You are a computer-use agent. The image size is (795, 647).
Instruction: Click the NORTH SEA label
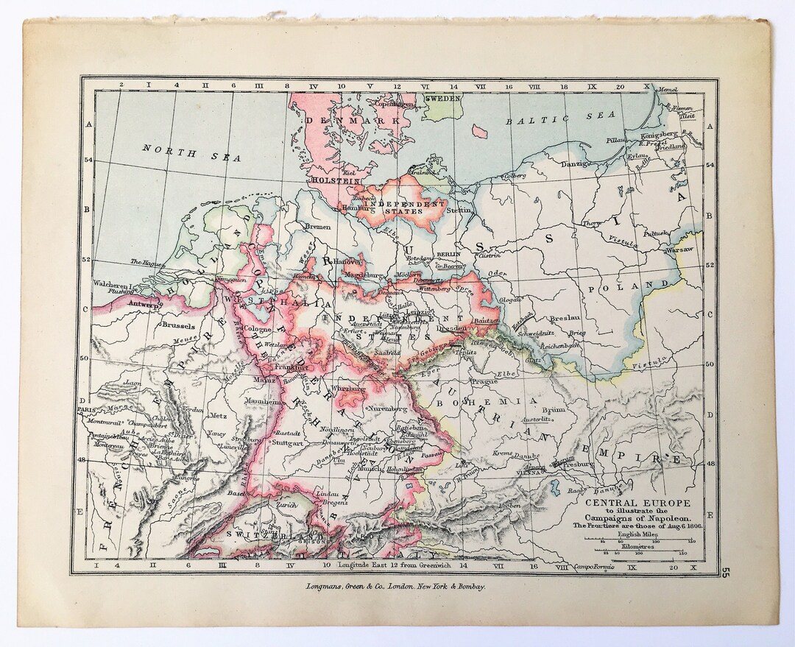tap(171, 152)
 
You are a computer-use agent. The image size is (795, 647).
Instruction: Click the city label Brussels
tap(177, 325)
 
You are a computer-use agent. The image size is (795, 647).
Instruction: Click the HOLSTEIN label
tap(334, 179)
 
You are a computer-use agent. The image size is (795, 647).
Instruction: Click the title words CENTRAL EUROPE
tap(637, 503)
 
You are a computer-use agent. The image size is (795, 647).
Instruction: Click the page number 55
tap(727, 572)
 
